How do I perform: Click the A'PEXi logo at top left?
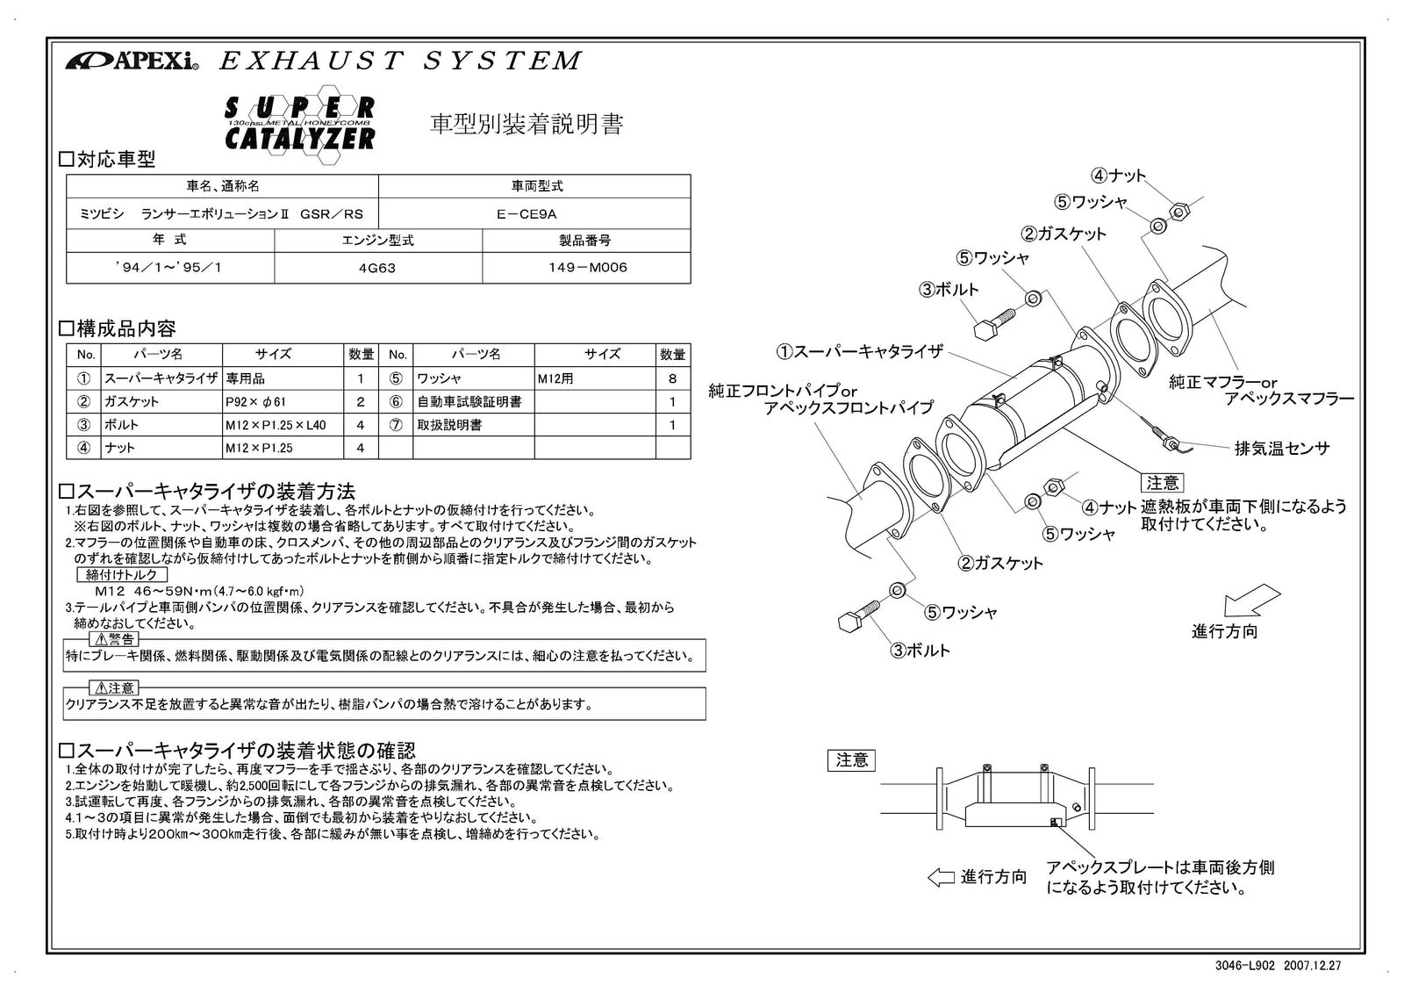tap(132, 61)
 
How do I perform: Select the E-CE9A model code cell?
tap(534, 214)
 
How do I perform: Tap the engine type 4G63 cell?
tap(377, 269)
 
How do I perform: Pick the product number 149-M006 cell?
tap(585, 269)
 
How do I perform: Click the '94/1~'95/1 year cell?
tap(169, 269)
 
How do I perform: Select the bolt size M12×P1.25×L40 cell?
tap(276, 425)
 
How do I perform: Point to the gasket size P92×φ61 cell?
tap(255, 402)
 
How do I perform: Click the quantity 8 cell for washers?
tap(672, 379)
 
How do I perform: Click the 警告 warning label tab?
tap(114, 639)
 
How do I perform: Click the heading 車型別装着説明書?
tap(526, 125)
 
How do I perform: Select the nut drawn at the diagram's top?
tap(1180, 210)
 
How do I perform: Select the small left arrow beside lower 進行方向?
tap(940, 877)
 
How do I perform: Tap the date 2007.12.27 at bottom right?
tap(1313, 965)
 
